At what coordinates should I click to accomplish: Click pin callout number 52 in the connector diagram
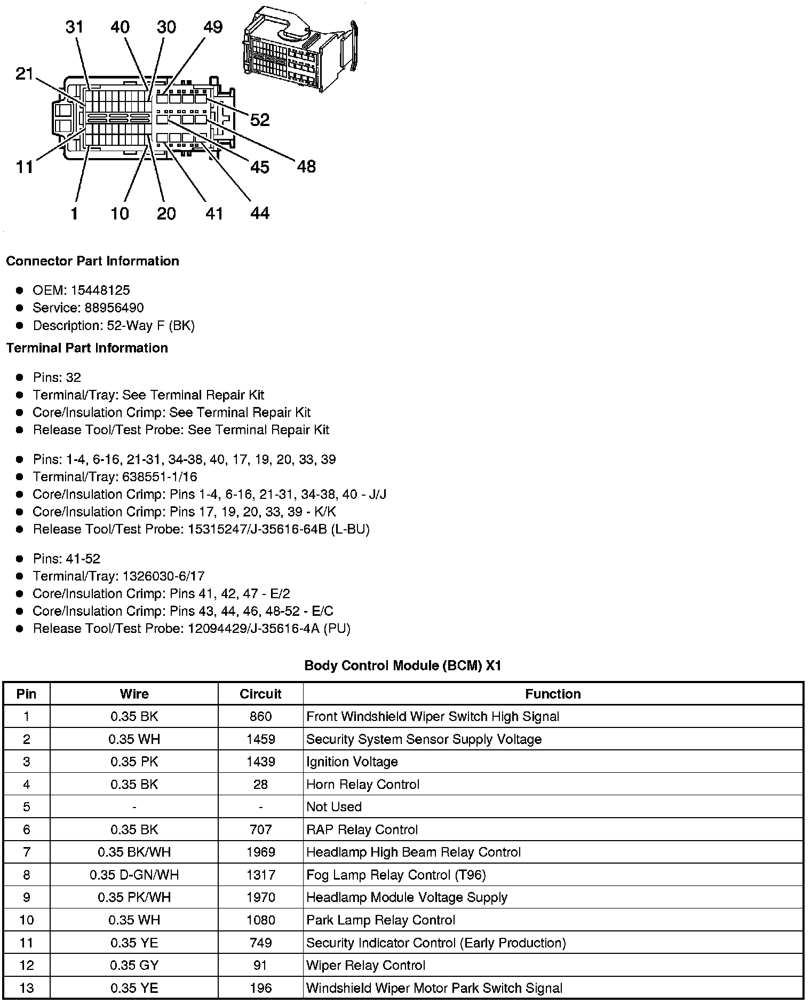(x=260, y=120)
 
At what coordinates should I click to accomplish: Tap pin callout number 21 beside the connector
(x=25, y=74)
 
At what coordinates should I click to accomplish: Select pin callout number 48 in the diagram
(x=306, y=167)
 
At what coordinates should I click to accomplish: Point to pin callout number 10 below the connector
(x=120, y=214)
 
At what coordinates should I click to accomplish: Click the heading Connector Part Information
(x=92, y=261)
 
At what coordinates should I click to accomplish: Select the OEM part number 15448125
(x=100, y=291)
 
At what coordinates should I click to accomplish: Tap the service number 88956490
(x=114, y=308)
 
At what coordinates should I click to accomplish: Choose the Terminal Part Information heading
(x=87, y=348)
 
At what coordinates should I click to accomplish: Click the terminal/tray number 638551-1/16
(x=160, y=477)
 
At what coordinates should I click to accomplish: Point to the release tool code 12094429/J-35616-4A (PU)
(x=269, y=629)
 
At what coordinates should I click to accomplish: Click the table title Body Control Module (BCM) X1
(x=403, y=666)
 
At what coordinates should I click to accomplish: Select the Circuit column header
(x=260, y=694)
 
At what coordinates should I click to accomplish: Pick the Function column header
(x=553, y=694)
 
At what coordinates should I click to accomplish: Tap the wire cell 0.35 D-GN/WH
(x=134, y=875)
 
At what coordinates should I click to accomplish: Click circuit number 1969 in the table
(x=260, y=852)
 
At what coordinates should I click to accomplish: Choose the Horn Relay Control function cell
(x=363, y=785)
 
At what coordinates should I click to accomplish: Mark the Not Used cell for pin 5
(x=334, y=807)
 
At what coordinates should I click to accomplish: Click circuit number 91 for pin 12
(x=260, y=965)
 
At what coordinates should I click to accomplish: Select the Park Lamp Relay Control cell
(x=380, y=920)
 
